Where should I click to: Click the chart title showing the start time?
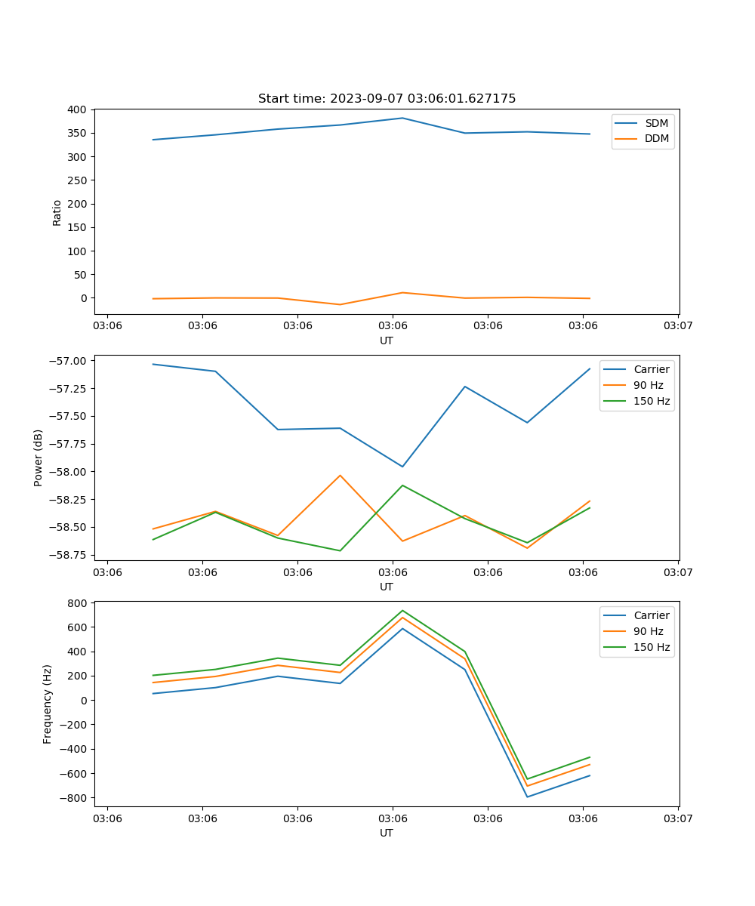point(387,99)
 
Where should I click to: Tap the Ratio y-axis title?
point(57,212)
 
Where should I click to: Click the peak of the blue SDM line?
point(402,118)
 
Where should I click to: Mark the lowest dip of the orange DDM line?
point(340,304)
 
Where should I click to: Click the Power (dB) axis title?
point(39,458)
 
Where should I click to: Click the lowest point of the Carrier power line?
point(402,467)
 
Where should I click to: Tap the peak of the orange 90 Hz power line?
point(340,475)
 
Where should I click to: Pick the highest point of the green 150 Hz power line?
point(402,485)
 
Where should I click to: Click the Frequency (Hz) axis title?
point(48,704)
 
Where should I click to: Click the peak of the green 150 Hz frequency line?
point(402,611)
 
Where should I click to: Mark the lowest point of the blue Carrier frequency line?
point(527,797)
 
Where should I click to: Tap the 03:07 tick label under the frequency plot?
point(678,818)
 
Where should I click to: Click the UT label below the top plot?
point(387,341)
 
